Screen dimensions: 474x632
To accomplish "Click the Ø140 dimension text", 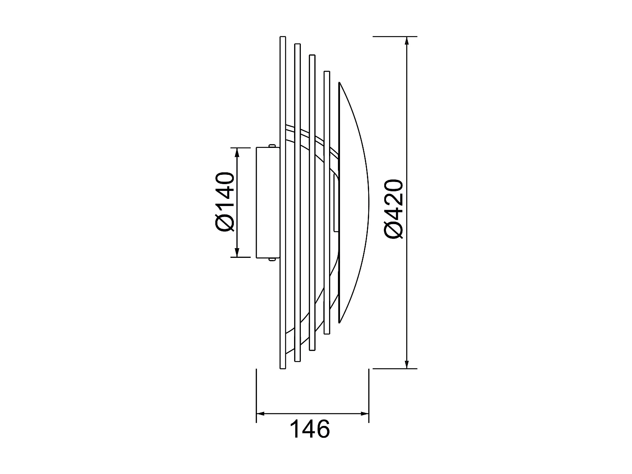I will click(224, 202).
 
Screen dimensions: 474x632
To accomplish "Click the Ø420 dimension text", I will click(394, 209).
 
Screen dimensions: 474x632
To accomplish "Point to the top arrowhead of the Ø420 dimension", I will click(407, 41).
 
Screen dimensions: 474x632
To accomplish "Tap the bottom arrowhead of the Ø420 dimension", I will click(407, 364).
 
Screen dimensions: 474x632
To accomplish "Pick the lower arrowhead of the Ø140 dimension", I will click(237, 253).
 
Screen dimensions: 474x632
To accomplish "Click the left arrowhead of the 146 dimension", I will click(260, 413).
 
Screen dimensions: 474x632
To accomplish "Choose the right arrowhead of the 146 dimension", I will click(365, 413).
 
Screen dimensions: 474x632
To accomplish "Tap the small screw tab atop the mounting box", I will click(273, 146).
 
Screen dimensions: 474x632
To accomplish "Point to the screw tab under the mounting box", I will click(273, 259).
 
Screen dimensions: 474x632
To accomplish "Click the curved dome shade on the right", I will click(354, 202).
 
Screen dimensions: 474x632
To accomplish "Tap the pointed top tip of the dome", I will click(340, 83).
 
